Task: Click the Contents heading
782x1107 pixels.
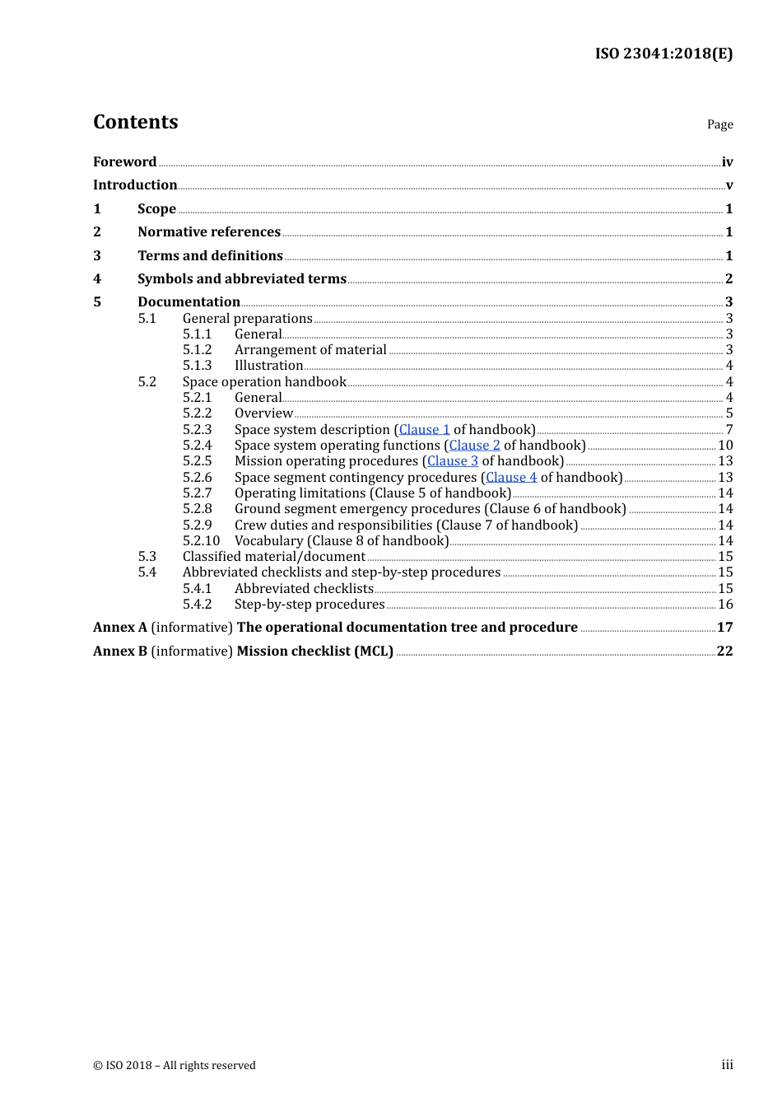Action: coord(135,122)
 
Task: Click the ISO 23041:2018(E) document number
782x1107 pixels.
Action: coord(663,54)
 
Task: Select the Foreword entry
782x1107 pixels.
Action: coord(124,161)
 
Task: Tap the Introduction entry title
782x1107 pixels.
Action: coord(135,184)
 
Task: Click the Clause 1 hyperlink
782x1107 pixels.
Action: coord(425,429)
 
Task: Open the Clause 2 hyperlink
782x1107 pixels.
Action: coord(474,445)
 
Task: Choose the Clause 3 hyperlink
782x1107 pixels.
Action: coord(453,460)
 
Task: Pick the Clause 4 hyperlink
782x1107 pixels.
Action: coord(511,477)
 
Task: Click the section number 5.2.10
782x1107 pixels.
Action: coord(201,540)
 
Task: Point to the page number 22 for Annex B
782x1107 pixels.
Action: coord(724,651)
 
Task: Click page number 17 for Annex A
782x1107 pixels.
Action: coord(724,627)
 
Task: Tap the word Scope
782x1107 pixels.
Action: coord(156,208)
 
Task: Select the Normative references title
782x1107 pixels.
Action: coord(209,231)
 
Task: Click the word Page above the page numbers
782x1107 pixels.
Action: coord(719,124)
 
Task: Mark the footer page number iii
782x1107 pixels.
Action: coord(727,1065)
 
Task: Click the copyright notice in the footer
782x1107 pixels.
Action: coord(175,1065)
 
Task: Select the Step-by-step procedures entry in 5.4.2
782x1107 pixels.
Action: coord(310,604)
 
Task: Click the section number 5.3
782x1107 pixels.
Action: coord(147,556)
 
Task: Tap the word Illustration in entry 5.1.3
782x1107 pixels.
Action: coord(268,365)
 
